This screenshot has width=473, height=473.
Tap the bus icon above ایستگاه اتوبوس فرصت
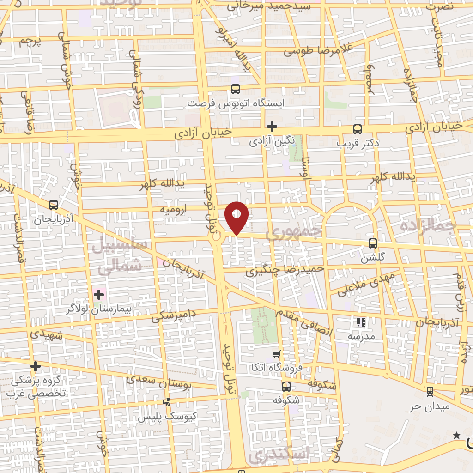coord(236,89)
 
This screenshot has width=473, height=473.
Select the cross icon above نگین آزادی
coord(272,126)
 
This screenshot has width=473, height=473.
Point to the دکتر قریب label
coord(358,143)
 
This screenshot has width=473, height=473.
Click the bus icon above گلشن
coord(373,243)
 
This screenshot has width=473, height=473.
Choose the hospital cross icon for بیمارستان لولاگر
coord(98,294)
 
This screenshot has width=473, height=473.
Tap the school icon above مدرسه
coord(361,322)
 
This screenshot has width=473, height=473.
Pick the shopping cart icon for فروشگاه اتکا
coord(276,354)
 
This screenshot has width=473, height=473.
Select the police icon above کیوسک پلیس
coord(167,402)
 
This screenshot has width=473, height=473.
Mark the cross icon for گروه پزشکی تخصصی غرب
coord(36,367)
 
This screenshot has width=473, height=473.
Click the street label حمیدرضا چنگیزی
coord(285,269)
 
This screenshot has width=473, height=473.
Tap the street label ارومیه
coord(173,209)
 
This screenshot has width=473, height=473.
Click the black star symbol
coord(457,435)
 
